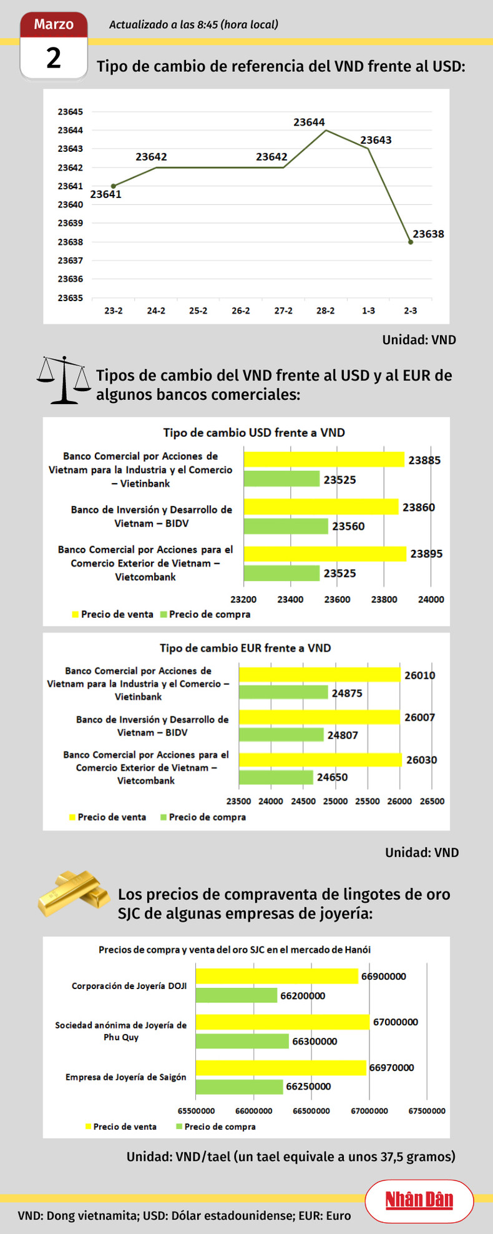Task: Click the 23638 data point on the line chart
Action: (x=411, y=242)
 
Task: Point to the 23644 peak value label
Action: (x=309, y=122)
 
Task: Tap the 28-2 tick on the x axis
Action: (x=325, y=311)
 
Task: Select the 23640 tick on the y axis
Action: (x=71, y=205)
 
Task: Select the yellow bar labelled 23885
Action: (x=323, y=460)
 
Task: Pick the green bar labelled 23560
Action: (x=285, y=526)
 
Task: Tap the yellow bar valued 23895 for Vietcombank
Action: (x=325, y=554)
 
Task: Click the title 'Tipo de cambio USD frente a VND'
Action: (x=254, y=432)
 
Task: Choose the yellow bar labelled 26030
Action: (x=320, y=760)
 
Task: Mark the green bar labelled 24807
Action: (x=281, y=735)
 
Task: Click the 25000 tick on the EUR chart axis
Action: (x=335, y=802)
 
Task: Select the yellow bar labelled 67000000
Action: (x=283, y=1022)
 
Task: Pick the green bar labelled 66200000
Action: (x=237, y=995)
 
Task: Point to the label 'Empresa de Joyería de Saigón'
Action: (x=125, y=1077)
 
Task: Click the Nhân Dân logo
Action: (x=419, y=1200)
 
